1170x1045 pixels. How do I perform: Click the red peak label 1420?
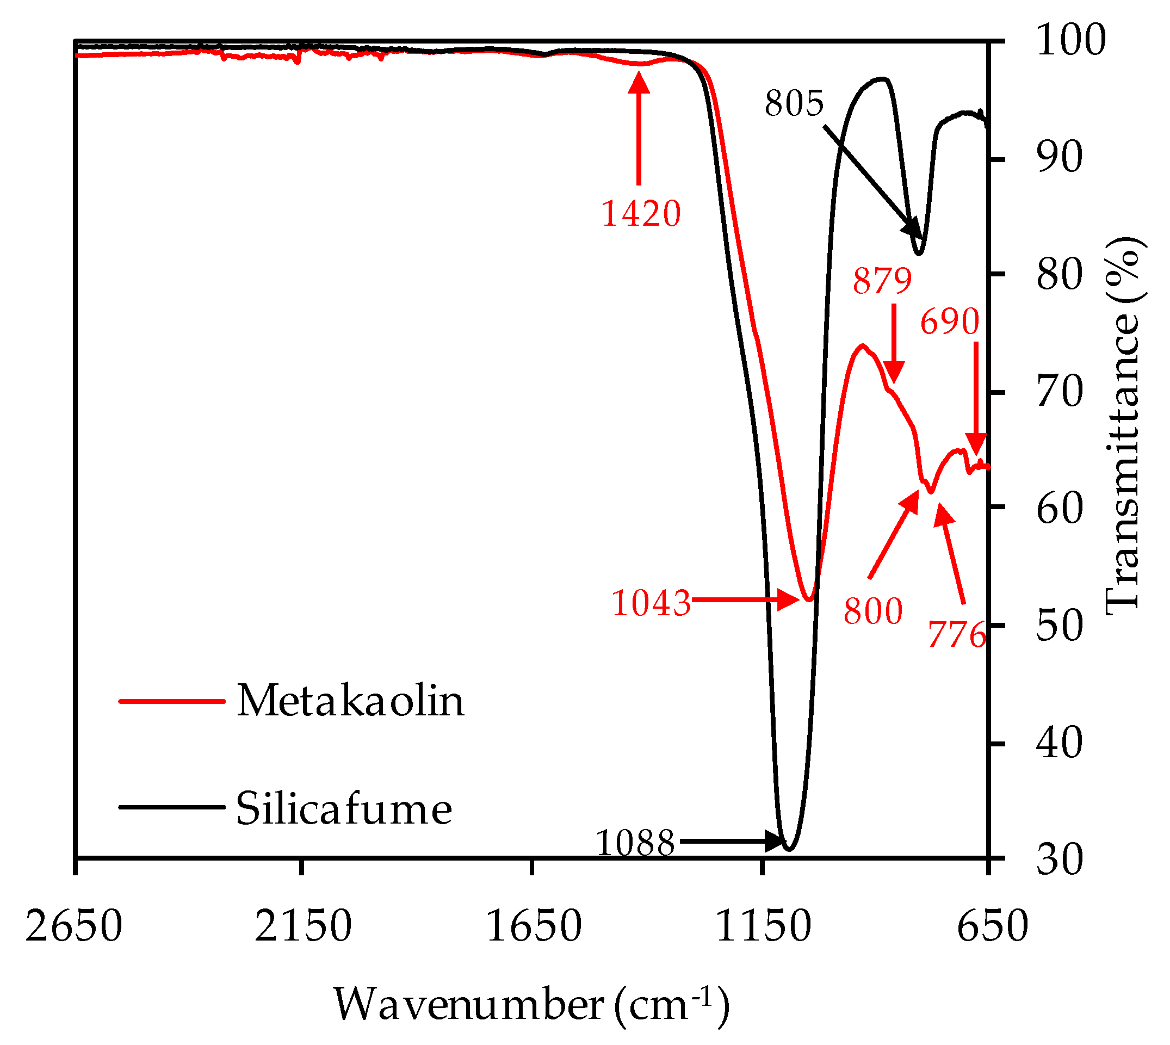(641, 214)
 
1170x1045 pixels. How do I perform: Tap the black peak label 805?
(794, 104)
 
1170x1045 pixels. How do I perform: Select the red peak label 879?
(882, 281)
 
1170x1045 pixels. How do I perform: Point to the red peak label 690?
(950, 321)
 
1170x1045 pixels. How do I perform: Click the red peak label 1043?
(651, 603)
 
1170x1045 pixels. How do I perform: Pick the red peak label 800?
(872, 611)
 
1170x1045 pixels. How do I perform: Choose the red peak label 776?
(957, 635)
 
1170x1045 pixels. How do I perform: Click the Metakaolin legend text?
(350, 701)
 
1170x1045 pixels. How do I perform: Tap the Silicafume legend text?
(344, 808)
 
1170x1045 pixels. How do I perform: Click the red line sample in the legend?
(171, 701)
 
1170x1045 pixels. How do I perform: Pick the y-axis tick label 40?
(1060, 743)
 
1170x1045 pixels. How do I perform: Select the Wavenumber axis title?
(531, 1004)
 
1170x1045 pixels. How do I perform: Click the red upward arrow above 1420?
(639, 128)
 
